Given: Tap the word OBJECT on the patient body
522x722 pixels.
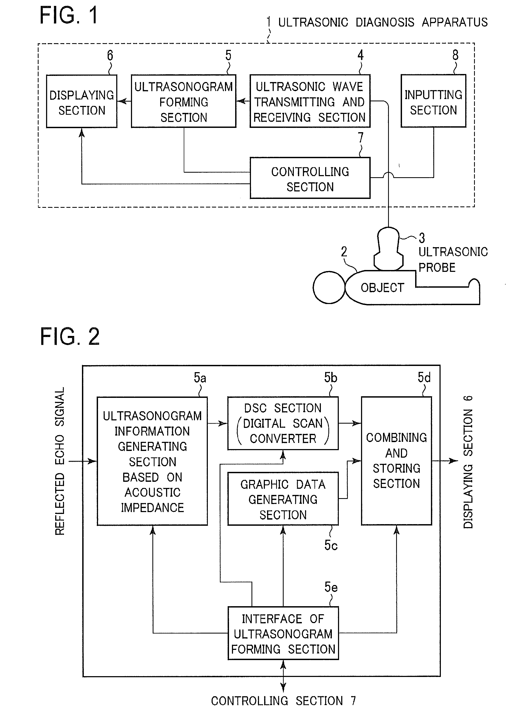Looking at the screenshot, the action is pyautogui.click(x=382, y=288).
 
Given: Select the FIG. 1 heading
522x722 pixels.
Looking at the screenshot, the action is pyautogui.click(x=69, y=15).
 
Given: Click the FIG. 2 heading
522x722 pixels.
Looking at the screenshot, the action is pyautogui.click(x=70, y=336).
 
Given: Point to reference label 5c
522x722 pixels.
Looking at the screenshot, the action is pyautogui.click(x=331, y=545).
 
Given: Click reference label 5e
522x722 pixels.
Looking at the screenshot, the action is pyautogui.click(x=331, y=587).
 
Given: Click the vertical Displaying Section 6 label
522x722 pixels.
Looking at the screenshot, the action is pyautogui.click(x=468, y=462).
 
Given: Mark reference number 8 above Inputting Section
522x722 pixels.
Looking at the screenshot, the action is pyautogui.click(x=456, y=55).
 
